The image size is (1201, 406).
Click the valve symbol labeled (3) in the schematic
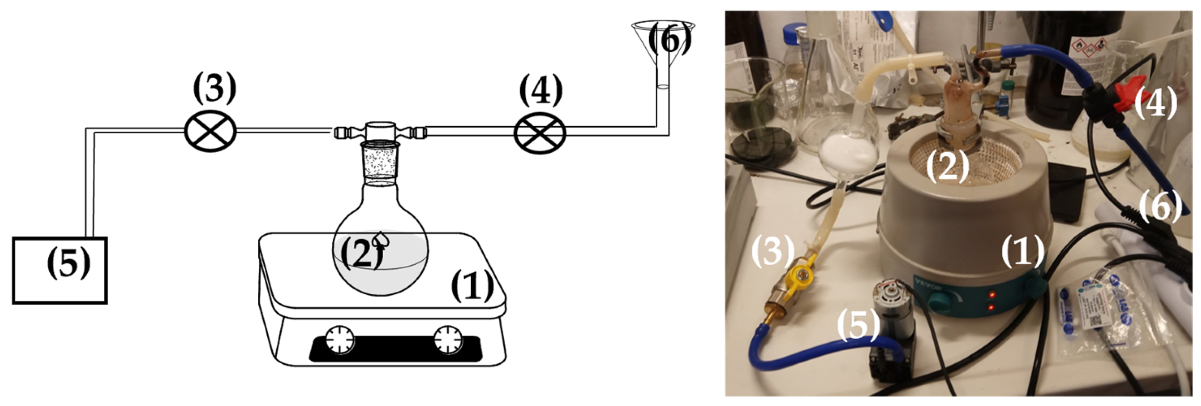pyautogui.click(x=210, y=131)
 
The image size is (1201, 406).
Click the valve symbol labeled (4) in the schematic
pyautogui.click(x=539, y=132)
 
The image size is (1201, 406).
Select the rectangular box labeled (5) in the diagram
pyautogui.click(x=59, y=271)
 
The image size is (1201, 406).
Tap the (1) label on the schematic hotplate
pyautogui.click(x=472, y=286)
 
